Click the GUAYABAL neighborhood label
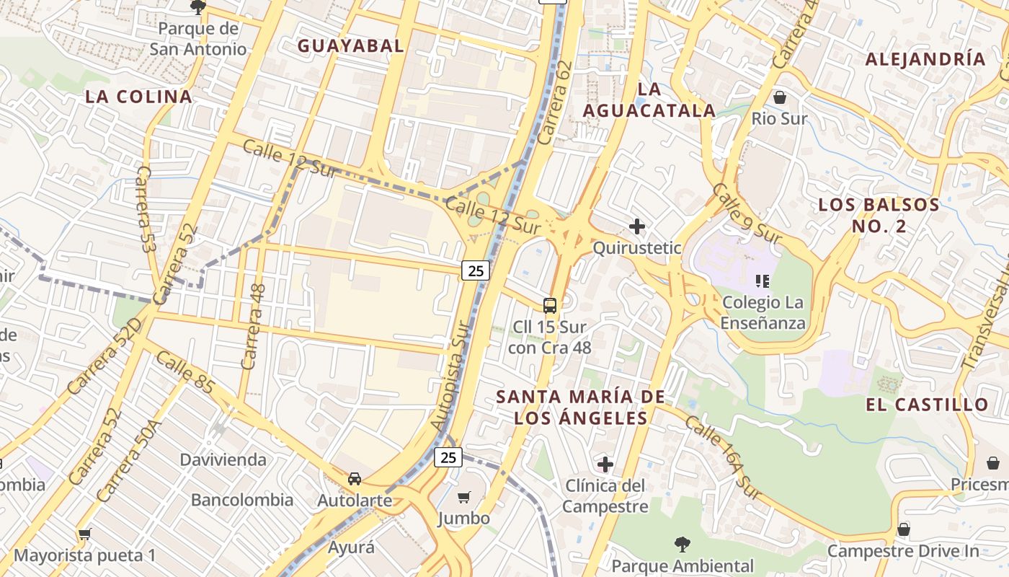pyautogui.click(x=350, y=45)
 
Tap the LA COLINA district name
pyautogui.click(x=138, y=97)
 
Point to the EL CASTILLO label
pyautogui.click(x=927, y=405)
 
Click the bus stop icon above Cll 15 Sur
pyautogui.click(x=550, y=306)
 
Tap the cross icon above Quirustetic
pyautogui.click(x=636, y=226)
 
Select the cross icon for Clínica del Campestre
pyautogui.click(x=605, y=464)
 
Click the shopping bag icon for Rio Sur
pyautogui.click(x=779, y=97)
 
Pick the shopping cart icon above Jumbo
pyautogui.click(x=464, y=497)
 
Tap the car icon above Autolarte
pyautogui.click(x=355, y=479)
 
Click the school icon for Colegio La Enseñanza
pyautogui.click(x=763, y=281)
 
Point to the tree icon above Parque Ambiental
pyautogui.click(x=682, y=544)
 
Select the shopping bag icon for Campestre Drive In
pyautogui.click(x=903, y=529)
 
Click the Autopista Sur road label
pyautogui.click(x=450, y=376)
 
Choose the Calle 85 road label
pyautogui.click(x=185, y=373)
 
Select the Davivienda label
pyautogui.click(x=223, y=460)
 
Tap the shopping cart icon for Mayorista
pyautogui.click(x=85, y=534)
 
